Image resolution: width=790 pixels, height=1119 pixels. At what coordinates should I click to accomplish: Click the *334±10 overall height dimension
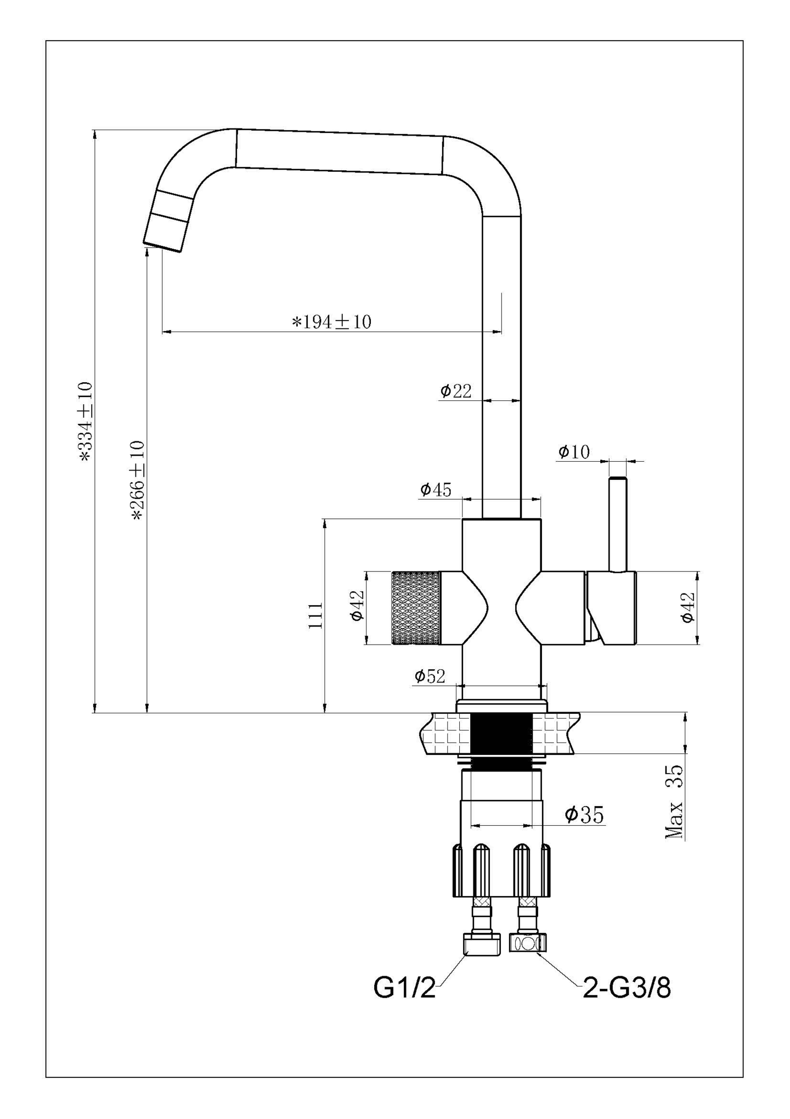point(86,422)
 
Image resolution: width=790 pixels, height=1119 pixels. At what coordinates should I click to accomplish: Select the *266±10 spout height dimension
point(137,480)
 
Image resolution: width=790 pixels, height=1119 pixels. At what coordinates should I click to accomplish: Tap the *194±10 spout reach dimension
point(331,322)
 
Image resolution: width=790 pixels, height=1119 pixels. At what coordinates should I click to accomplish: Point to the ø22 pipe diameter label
point(455,391)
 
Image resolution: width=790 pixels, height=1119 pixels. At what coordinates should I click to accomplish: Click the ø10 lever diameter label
point(574,452)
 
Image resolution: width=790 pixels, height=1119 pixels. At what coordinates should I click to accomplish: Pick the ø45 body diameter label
point(436,489)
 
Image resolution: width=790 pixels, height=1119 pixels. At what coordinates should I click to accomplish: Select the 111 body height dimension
point(315,616)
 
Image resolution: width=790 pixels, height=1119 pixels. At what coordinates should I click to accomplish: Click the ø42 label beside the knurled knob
point(357,606)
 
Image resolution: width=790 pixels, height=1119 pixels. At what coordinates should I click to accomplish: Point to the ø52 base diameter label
point(430,676)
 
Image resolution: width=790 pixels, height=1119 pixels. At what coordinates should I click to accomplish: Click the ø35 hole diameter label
point(584,814)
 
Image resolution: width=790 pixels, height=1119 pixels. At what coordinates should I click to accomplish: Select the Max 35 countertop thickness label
point(675,802)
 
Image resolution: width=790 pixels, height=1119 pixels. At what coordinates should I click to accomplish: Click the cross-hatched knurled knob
point(416,608)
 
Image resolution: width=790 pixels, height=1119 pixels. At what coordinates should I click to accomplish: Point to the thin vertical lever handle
point(618,525)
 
